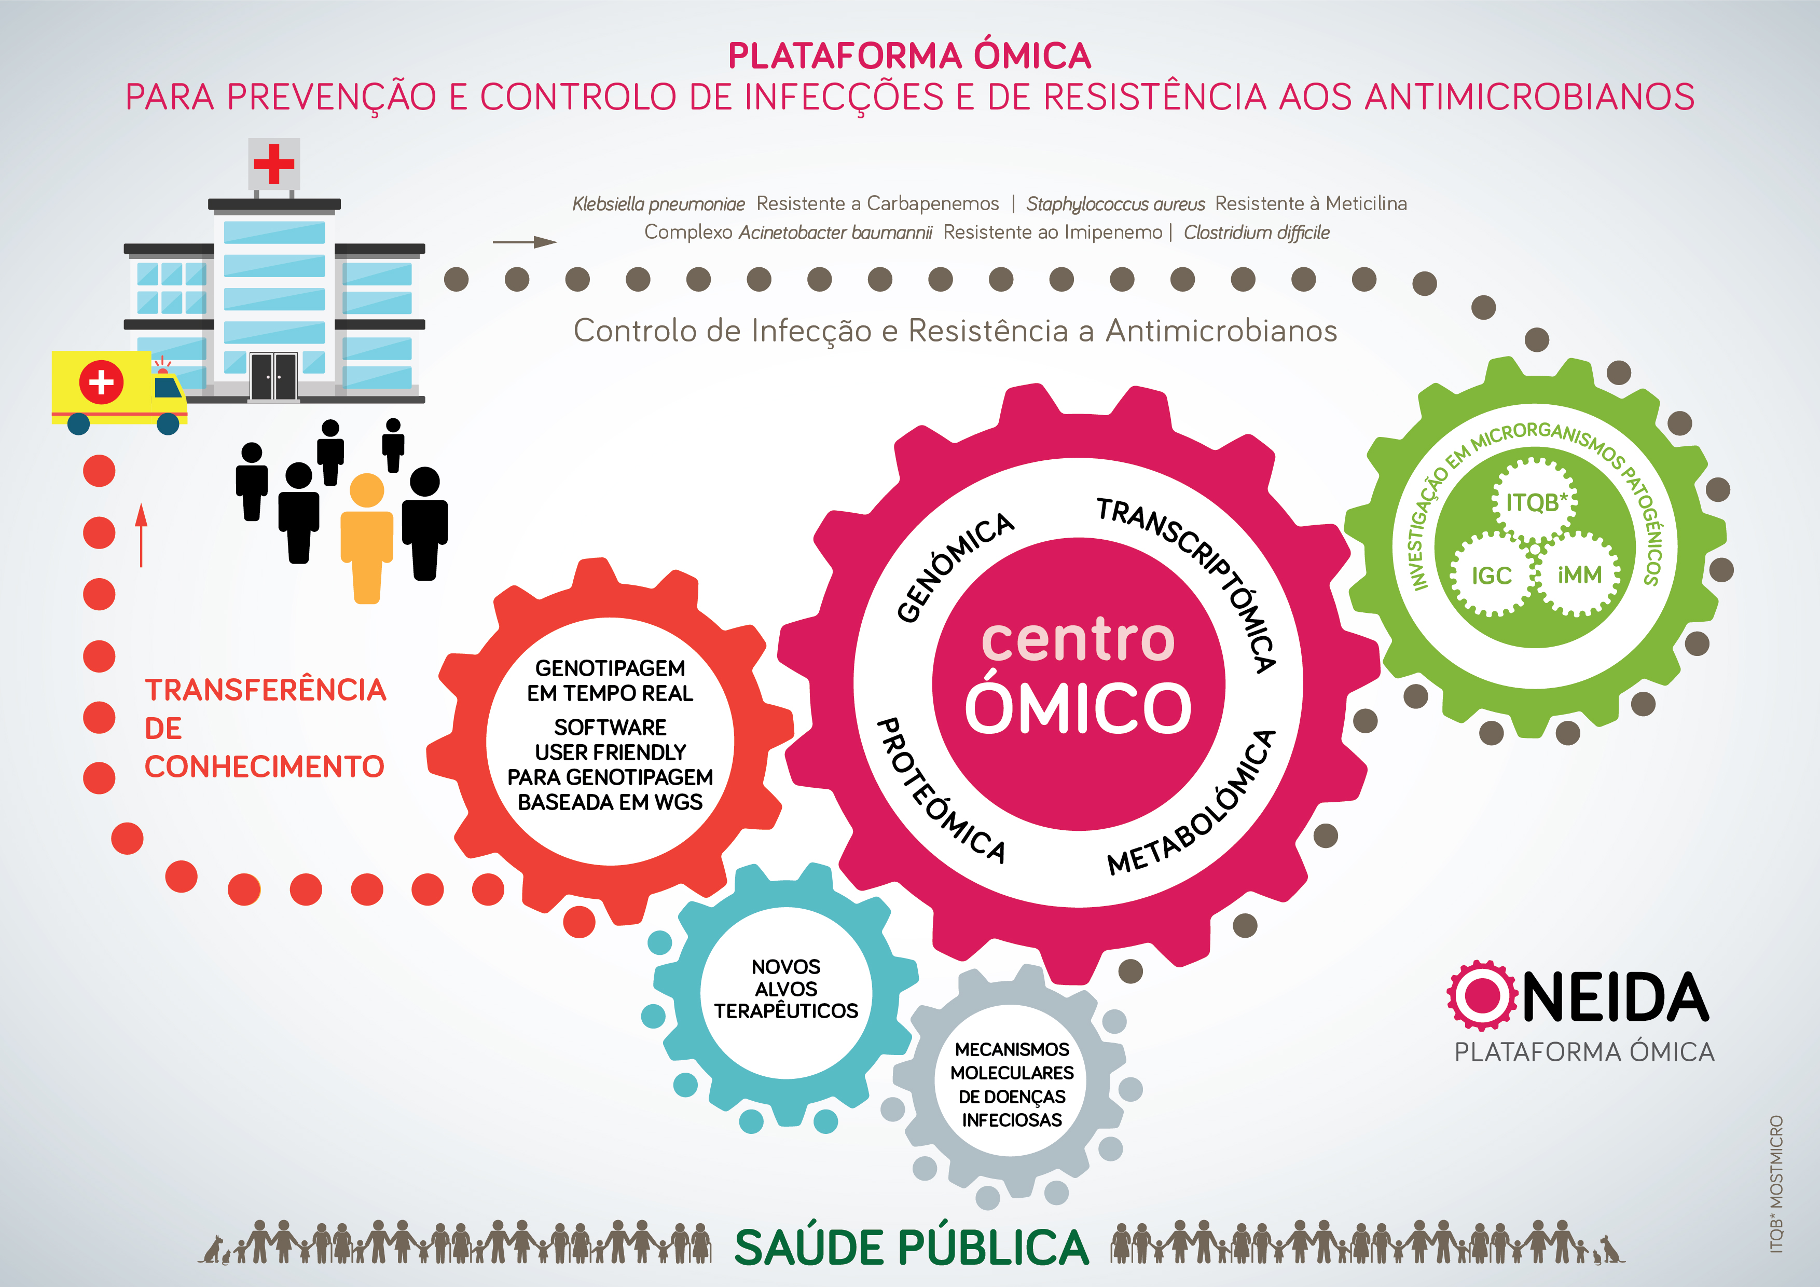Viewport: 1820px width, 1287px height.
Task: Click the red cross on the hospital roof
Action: [x=273, y=163]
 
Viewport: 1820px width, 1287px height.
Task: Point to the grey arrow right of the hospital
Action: [x=524, y=242]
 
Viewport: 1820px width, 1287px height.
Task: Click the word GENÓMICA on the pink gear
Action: [x=955, y=567]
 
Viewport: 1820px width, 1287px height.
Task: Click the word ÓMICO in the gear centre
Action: [x=1078, y=708]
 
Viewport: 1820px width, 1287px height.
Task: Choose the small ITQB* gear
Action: [x=1535, y=502]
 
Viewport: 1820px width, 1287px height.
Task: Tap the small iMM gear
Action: [x=1580, y=574]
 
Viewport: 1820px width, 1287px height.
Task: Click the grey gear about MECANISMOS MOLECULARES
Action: [x=1012, y=1085]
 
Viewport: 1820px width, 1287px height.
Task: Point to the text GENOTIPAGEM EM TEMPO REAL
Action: [x=610, y=680]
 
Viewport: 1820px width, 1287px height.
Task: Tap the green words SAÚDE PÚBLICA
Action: [x=912, y=1248]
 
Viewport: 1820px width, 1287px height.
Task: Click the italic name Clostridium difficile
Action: [x=1257, y=232]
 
